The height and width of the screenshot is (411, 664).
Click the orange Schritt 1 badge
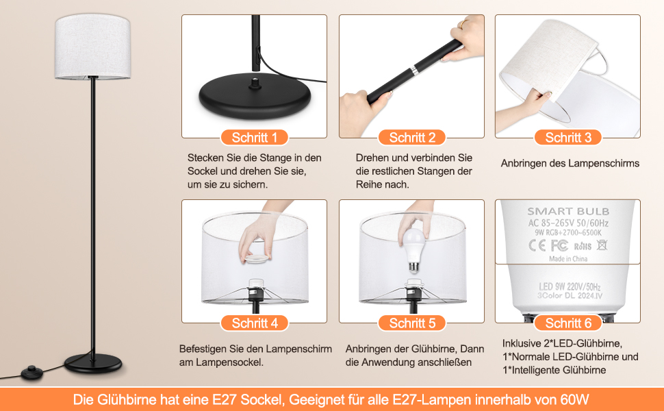pyautogui.click(x=255, y=137)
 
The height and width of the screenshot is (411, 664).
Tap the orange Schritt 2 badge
pyautogui.click(x=412, y=137)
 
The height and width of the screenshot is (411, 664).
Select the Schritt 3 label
pyautogui.click(x=568, y=137)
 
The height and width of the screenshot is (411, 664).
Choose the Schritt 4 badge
pyautogui.click(x=255, y=323)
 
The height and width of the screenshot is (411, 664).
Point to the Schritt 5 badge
pyautogui.click(x=412, y=323)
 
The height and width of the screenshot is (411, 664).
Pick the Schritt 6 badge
pyautogui.click(x=568, y=323)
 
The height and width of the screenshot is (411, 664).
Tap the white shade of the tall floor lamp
pyautogui.click(x=92, y=46)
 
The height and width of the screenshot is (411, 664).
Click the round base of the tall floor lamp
pyautogui.click(x=93, y=364)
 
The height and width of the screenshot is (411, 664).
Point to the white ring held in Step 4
pyautogui.click(x=257, y=258)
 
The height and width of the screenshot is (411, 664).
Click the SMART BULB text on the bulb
pyautogui.click(x=568, y=211)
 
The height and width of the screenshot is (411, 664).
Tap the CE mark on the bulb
pyautogui.click(x=537, y=245)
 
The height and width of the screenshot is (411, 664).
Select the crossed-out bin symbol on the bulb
pyautogui.click(x=602, y=245)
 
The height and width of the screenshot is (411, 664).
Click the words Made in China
pyautogui.click(x=568, y=258)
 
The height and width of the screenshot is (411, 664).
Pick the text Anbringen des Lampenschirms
pyautogui.click(x=570, y=163)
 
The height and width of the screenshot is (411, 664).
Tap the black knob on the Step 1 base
pyautogui.click(x=255, y=82)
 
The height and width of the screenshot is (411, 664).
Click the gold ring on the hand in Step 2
pyautogui.click(x=463, y=24)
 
